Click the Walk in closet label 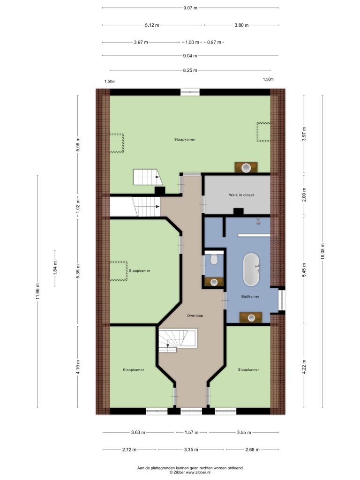pos(241,195)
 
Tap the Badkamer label pos(250,296)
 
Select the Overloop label pos(195,315)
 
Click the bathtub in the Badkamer pos(251,270)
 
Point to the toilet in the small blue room pos(214,259)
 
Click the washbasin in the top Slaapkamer pos(246,167)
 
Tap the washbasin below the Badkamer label pos(251,317)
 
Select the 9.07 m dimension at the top pos(190,8)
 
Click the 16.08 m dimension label pos(322,252)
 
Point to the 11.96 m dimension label pos(37,292)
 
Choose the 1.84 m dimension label pos(55,268)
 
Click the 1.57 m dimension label pos(192,433)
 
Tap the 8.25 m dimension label pos(190,70)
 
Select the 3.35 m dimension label pos(191,450)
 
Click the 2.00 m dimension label pos(304,195)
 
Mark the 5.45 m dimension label pos(304,270)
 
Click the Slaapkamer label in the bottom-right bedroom pos(248,370)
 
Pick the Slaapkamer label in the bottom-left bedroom pos(134,370)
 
